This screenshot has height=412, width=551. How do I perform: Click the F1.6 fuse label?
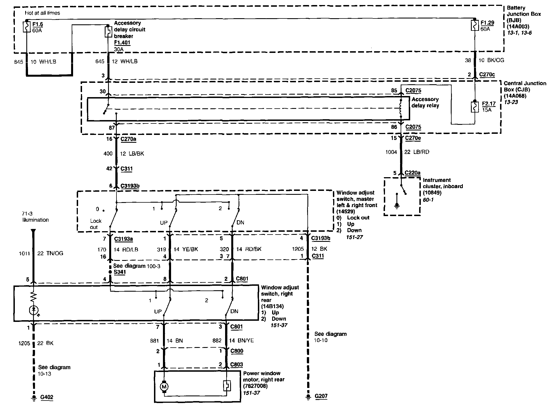(37, 24)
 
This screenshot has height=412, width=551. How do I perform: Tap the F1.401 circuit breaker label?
(122, 43)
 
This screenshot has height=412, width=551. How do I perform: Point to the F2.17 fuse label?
(489, 104)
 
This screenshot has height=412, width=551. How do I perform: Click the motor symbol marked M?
(164, 387)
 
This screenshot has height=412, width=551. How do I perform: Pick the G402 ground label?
(46, 397)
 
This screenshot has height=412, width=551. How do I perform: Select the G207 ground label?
(321, 396)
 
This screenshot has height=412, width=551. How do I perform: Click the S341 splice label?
(120, 272)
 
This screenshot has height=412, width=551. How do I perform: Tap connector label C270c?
(487, 75)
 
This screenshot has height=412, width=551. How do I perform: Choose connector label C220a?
(412, 173)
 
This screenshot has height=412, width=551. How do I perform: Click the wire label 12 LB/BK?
(132, 154)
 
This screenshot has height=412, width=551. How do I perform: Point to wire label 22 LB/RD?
(417, 152)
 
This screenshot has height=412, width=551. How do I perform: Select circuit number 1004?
(391, 152)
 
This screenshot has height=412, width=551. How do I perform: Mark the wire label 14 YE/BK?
(186, 249)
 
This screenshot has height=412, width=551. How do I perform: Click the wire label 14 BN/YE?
(242, 341)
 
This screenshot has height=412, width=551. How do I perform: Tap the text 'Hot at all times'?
(42, 13)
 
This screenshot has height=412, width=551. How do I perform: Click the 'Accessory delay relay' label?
(425, 102)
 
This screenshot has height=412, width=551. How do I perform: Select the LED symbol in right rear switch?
(34, 310)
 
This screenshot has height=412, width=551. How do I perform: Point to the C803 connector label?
(236, 365)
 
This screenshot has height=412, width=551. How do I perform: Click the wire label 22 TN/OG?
(50, 253)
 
